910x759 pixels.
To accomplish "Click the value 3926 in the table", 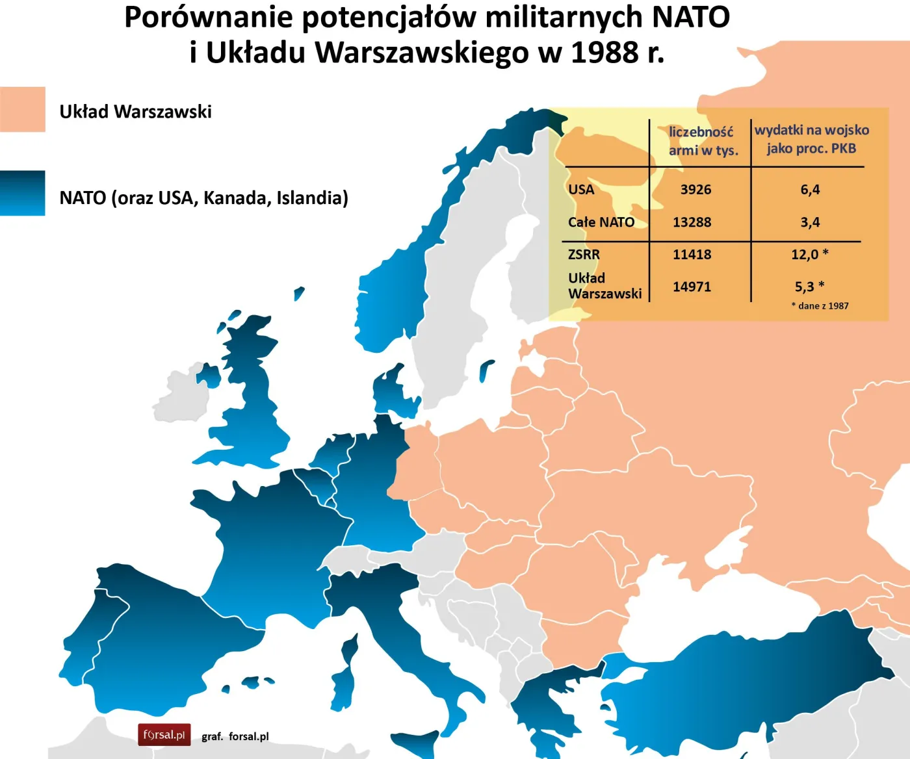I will [695, 190].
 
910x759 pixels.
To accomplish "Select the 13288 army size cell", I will [692, 222].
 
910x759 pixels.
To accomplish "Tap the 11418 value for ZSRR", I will [692, 255].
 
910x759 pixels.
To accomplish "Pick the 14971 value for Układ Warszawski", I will [692, 287].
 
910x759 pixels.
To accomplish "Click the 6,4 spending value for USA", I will [810, 190].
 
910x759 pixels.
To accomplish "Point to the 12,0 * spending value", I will [809, 254].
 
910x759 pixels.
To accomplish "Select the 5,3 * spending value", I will [809, 287].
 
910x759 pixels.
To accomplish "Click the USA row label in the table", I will [581, 190].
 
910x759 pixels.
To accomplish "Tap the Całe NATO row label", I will [601, 222].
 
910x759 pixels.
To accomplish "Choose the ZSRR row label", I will [584, 255].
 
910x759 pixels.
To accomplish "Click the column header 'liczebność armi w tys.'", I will [703, 141].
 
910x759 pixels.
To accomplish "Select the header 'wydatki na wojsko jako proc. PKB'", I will [811, 139].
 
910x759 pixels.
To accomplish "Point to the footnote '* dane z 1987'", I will [820, 306].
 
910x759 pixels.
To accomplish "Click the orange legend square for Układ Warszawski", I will [23, 109].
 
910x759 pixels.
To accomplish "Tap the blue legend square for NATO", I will [23, 193].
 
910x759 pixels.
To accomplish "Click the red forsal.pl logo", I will [164, 735].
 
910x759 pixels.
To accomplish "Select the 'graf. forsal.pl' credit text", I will [235, 736].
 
